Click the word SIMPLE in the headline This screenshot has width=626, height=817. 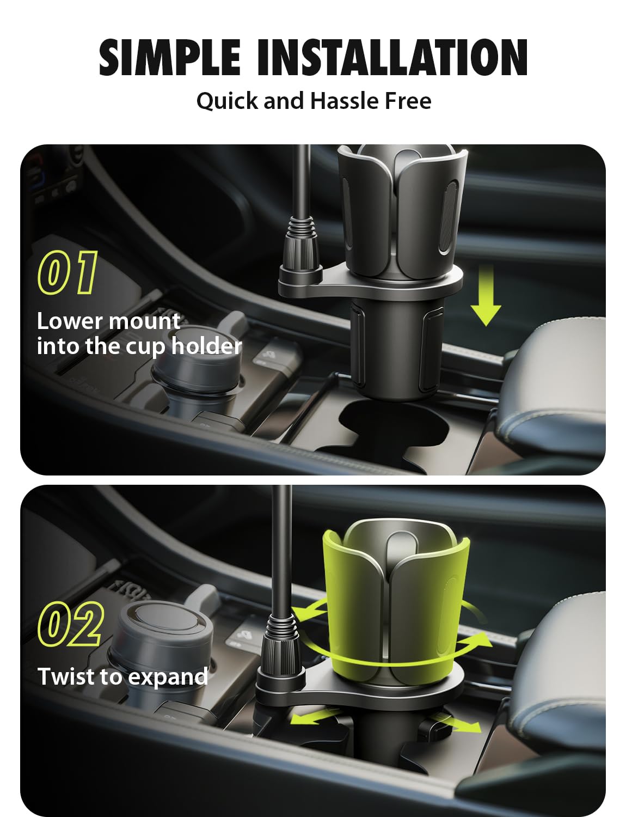click(x=169, y=57)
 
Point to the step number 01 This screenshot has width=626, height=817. click(x=67, y=272)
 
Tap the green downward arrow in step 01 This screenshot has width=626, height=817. click(x=486, y=295)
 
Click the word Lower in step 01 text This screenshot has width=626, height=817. click(x=70, y=321)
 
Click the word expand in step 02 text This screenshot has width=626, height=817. click(x=168, y=678)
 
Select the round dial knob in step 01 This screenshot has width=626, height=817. click(x=195, y=362)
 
